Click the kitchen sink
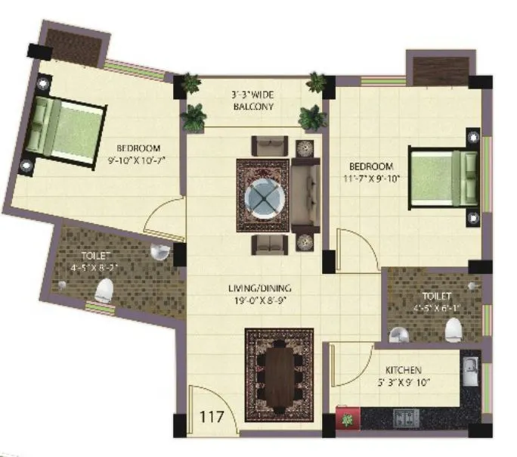[x=470, y=368]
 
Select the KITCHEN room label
[x=404, y=371]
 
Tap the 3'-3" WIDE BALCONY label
[x=252, y=101]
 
